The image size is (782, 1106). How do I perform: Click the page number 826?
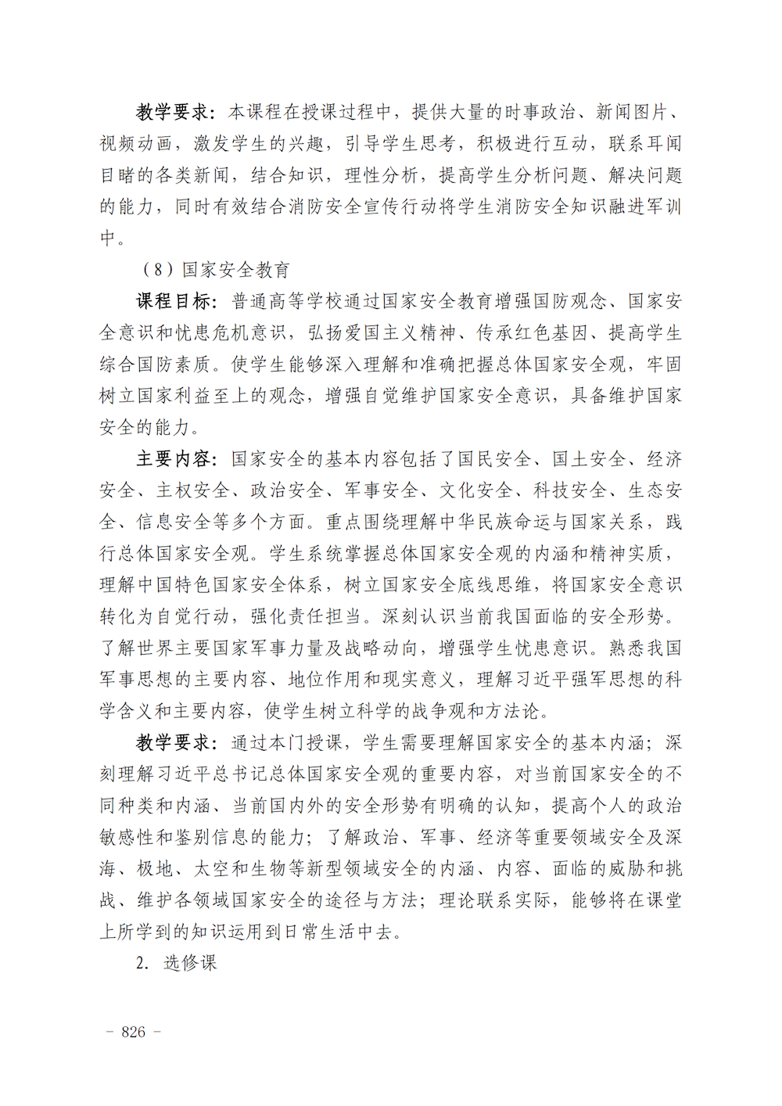click(x=133, y=1032)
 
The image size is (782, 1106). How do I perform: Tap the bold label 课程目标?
click(x=174, y=301)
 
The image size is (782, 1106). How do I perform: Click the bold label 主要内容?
click(x=174, y=459)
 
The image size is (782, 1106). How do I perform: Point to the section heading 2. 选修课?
click(x=176, y=963)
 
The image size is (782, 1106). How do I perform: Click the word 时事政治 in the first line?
click(x=541, y=112)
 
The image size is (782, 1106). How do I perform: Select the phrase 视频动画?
click(x=136, y=144)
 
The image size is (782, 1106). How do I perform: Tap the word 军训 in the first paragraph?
click(x=663, y=206)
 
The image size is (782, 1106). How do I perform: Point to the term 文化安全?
click(x=475, y=490)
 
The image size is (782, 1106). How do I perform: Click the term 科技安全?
click(x=570, y=490)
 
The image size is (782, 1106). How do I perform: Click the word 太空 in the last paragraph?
click(x=212, y=869)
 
